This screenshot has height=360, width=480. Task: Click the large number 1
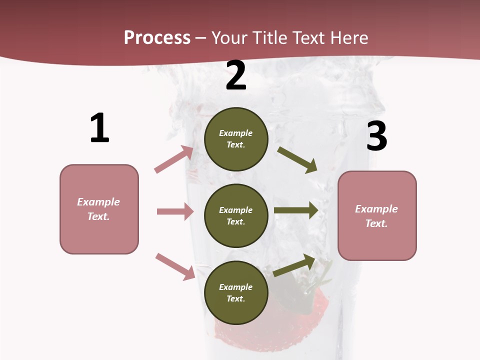(99, 128)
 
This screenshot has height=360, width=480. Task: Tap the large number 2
(236, 76)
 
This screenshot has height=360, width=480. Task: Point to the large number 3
(376, 136)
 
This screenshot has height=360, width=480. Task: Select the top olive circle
(236, 139)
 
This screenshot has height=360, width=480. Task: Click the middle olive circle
(236, 215)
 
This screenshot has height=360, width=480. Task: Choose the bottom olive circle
(236, 292)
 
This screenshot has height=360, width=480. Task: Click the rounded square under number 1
(99, 209)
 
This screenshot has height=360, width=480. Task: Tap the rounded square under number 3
(377, 215)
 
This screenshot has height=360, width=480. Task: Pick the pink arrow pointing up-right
(174, 159)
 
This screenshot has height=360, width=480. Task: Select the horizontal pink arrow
(175, 211)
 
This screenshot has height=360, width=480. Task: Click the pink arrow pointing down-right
(175, 266)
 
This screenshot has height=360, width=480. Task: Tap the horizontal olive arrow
(296, 210)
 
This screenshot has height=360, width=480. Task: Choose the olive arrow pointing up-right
(294, 265)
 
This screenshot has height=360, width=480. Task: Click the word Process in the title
(157, 37)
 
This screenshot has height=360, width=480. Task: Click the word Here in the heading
(348, 37)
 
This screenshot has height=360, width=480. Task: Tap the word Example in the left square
(98, 202)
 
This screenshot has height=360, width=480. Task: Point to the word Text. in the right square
(376, 223)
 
